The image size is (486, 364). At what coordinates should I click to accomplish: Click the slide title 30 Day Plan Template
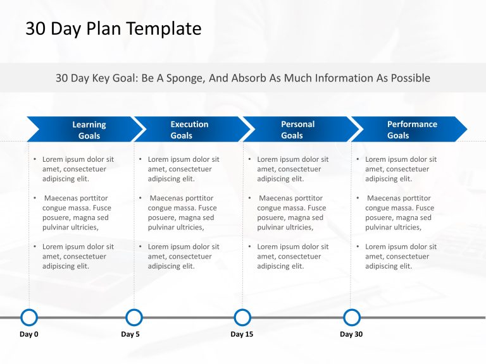pos(113,28)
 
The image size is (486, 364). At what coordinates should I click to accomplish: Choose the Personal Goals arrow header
pos(297,130)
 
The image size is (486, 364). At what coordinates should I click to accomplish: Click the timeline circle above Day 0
pos(29,317)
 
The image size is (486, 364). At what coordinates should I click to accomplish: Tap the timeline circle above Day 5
pos(134,317)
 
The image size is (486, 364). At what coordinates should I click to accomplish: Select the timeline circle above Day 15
pos(242,317)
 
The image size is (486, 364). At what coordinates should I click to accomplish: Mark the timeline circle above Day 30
pos(351,317)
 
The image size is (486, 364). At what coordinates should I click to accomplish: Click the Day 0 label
pos(29,334)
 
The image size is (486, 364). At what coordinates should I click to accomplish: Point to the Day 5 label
pos(130,334)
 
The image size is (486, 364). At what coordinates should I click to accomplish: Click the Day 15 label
pos(242,334)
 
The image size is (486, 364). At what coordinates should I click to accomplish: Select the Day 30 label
pos(351,334)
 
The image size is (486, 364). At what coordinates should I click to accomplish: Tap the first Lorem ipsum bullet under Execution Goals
pos(183,169)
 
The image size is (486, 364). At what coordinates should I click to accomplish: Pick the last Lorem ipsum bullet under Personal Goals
pos(292,257)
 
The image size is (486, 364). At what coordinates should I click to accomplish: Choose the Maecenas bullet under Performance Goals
pos(399,213)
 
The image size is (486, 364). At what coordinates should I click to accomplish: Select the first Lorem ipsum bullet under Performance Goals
pos(400,169)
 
